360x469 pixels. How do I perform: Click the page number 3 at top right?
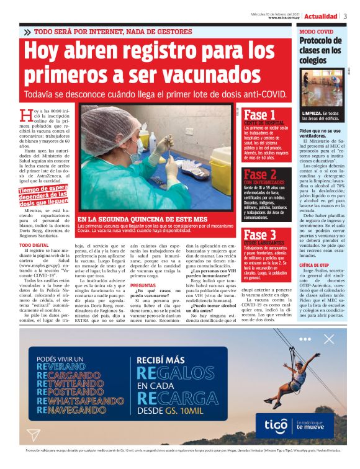click(x=346, y=16)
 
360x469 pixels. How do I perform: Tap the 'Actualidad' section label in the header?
click(x=321, y=16)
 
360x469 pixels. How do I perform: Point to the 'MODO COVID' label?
click(x=316, y=31)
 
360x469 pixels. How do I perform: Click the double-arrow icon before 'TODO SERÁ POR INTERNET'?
click(x=27, y=32)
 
